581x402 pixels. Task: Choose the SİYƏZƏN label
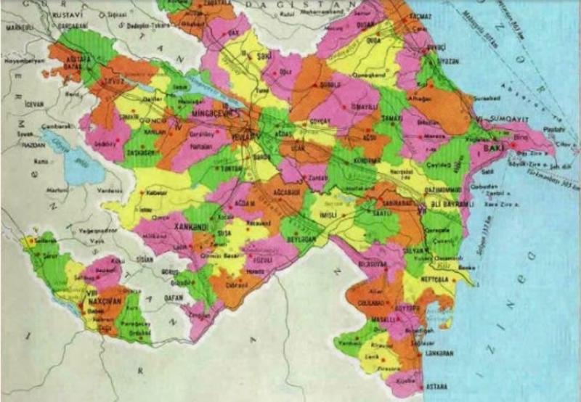[439, 61]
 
